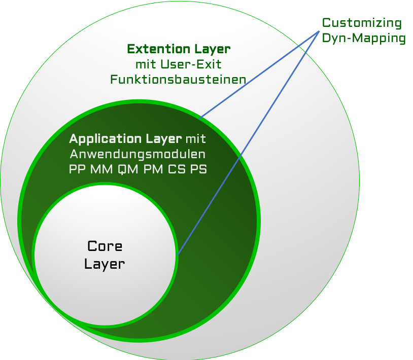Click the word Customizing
coord(362,23)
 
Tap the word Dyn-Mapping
coord(364,39)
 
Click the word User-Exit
coord(192,64)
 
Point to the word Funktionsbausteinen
coord(178,80)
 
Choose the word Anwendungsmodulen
coord(137,154)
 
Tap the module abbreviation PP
coord(77,170)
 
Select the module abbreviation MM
coord(101,170)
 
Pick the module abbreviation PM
coord(153,170)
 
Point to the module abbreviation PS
coord(198,170)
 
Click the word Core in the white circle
coord(105,246)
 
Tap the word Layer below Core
coord(105,264)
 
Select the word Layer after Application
coord(163,138)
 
